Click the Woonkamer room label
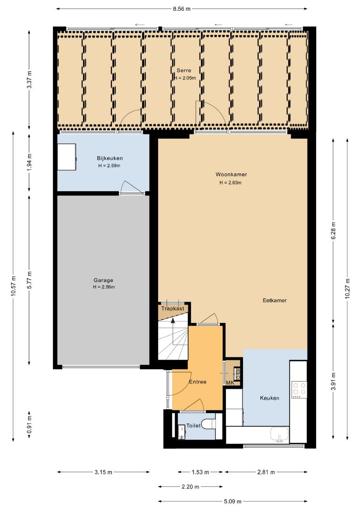pyautogui.click(x=231, y=174)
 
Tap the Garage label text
pyautogui.click(x=103, y=280)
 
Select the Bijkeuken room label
pyautogui.click(x=110, y=158)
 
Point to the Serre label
pyautogui.click(x=184, y=70)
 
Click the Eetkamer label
pyautogui.click(x=275, y=300)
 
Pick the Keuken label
pyautogui.click(x=269, y=398)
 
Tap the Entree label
pyautogui.click(x=198, y=382)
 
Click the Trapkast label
pyautogui.click(x=173, y=308)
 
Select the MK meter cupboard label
pyautogui.click(x=230, y=383)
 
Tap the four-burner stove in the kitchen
pyautogui.click(x=299, y=390)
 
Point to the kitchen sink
pyautogui.click(x=279, y=434)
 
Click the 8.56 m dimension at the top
pyautogui.click(x=182, y=9)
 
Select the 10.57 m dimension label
pyautogui.click(x=13, y=286)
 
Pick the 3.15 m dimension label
pyautogui.click(x=103, y=472)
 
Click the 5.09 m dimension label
pyautogui.click(x=233, y=501)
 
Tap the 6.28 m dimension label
pyautogui.click(x=333, y=230)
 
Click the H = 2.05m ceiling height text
pyautogui.click(x=185, y=78)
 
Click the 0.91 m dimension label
pyautogui.click(x=29, y=425)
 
